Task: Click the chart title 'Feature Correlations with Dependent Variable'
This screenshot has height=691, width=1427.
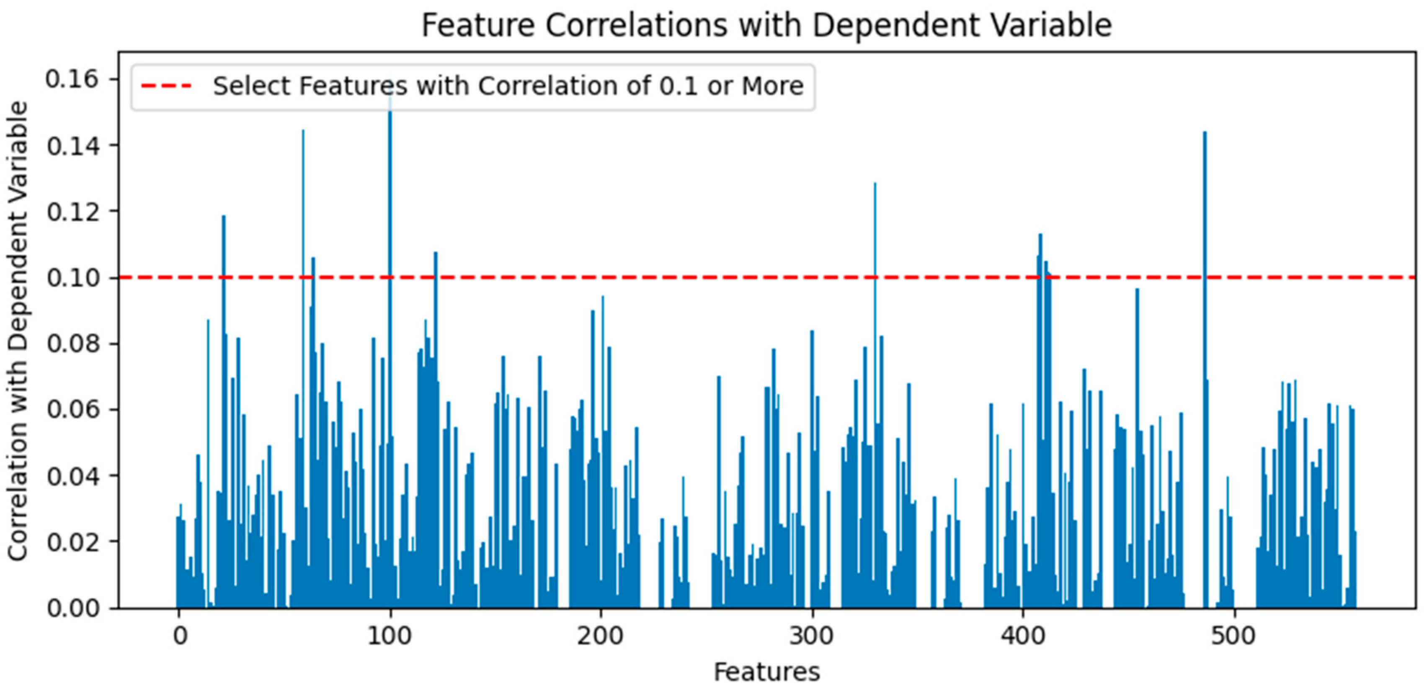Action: tap(766, 26)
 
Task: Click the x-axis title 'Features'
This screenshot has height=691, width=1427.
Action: tap(766, 672)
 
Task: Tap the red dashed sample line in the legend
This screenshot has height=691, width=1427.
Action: tap(166, 86)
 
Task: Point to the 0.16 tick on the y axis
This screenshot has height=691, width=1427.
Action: tap(72, 79)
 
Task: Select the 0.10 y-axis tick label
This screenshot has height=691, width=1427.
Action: tap(72, 277)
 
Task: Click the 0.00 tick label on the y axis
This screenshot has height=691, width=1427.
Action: tap(72, 608)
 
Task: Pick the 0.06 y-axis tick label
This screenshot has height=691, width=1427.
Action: tap(72, 410)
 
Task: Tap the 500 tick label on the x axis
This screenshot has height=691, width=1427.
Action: tap(1233, 636)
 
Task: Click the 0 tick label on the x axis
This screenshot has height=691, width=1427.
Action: tap(180, 636)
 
